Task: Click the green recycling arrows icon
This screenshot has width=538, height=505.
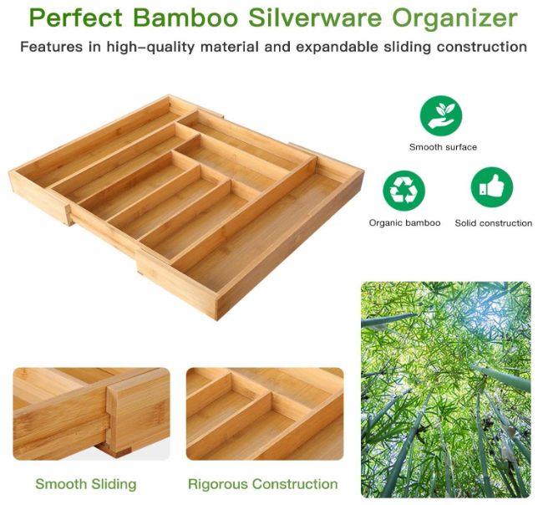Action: click(x=403, y=190)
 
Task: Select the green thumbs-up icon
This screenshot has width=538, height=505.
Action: click(x=491, y=188)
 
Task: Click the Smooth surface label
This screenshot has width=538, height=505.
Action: click(x=443, y=147)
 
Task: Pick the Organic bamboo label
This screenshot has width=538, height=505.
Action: click(x=404, y=223)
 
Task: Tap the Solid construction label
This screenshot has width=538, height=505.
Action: click(x=493, y=223)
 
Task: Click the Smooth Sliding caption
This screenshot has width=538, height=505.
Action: click(x=85, y=484)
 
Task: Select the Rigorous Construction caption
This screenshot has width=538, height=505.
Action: click(x=262, y=484)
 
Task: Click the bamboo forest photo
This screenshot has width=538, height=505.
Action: click(x=445, y=389)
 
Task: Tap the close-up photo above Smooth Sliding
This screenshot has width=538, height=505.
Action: click(x=90, y=414)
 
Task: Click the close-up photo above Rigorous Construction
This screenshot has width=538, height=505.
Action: click(x=264, y=414)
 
